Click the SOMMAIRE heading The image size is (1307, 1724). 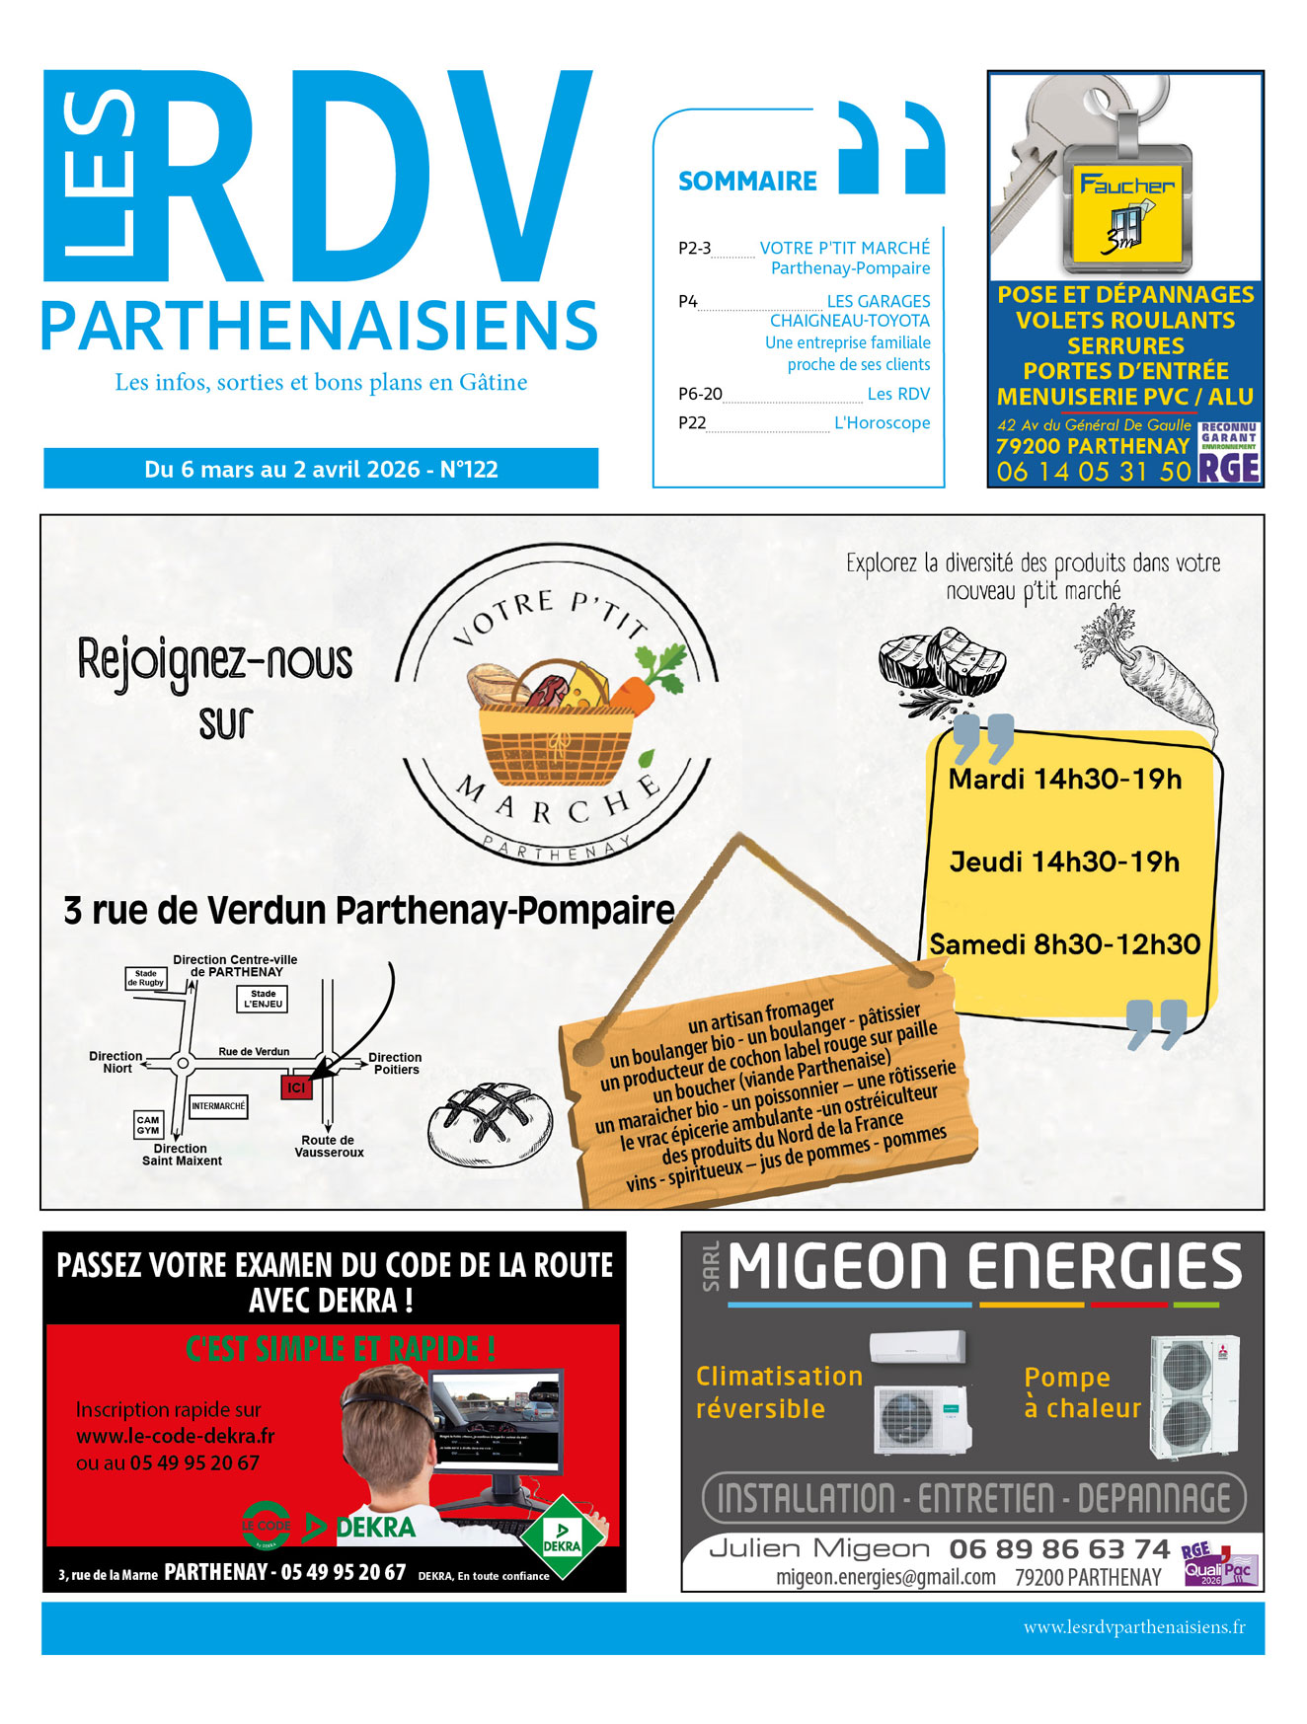747,182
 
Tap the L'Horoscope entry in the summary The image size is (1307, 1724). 882,423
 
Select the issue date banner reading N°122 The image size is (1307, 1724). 321,469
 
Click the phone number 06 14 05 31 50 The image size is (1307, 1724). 1093,472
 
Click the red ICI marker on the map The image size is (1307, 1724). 296,1087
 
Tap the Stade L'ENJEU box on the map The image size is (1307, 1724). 264,999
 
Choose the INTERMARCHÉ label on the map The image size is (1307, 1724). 218,1106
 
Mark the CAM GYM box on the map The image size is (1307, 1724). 148,1125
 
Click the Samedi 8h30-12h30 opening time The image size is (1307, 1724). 1064,944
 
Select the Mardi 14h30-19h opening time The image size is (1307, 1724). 1064,780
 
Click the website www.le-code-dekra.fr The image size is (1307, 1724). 175,1436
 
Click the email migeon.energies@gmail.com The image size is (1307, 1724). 885,1577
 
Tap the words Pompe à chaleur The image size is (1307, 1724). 1082,1392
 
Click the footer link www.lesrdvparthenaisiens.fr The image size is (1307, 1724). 1133,1627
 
